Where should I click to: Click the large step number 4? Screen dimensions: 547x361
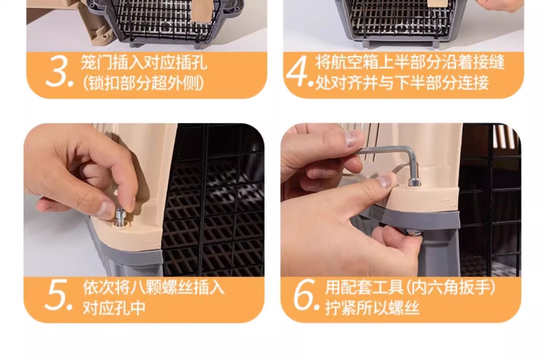pyautogui.click(x=296, y=71)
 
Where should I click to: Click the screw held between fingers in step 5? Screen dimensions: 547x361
pyautogui.click(x=120, y=217)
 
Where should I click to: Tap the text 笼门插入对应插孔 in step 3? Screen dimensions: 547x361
pyautogui.click(x=144, y=62)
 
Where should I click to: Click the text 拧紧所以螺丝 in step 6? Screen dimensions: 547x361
pyautogui.click(x=372, y=308)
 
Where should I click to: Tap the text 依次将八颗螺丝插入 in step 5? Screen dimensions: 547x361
pyautogui.click(x=154, y=287)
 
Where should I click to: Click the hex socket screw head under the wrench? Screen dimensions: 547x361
pyautogui.click(x=414, y=182)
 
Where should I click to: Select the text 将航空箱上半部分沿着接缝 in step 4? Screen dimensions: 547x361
pyautogui.click(x=410, y=62)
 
